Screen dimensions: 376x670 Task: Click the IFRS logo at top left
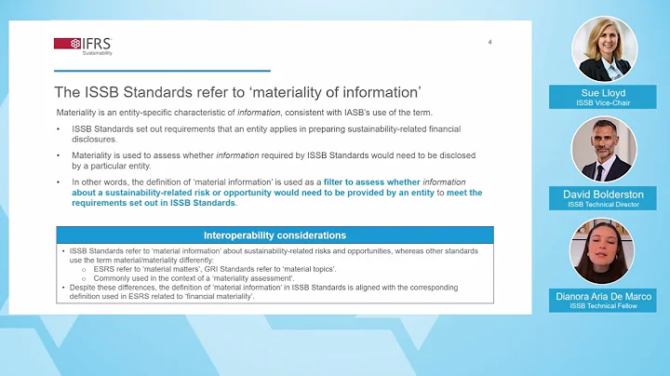(83, 44)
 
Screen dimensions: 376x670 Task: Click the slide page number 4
(490, 42)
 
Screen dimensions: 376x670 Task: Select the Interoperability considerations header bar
(275, 235)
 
